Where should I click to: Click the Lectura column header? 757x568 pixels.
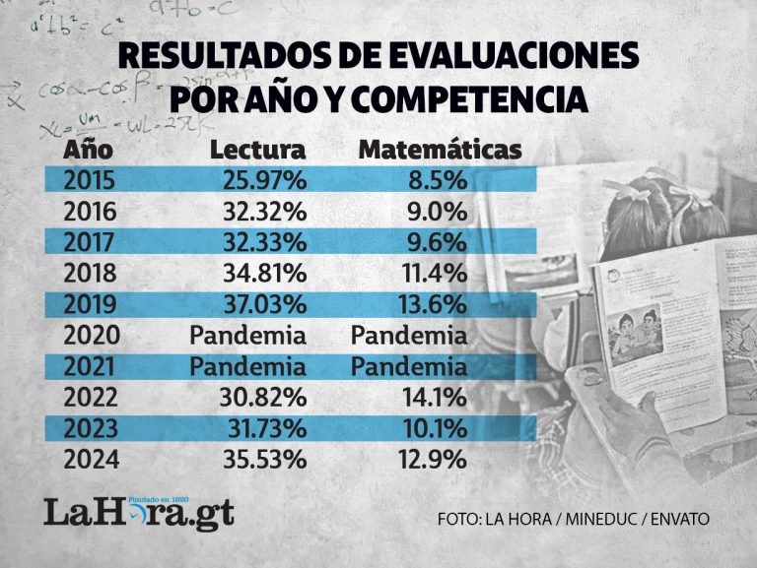pyautogui.click(x=257, y=151)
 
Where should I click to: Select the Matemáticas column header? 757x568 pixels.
pyautogui.click(x=439, y=151)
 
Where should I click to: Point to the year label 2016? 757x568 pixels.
pyautogui.click(x=90, y=212)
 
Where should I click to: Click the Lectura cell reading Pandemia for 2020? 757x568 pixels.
pyautogui.click(x=248, y=336)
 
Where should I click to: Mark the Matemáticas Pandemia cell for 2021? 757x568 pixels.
pyautogui.click(x=409, y=366)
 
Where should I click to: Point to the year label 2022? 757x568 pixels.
pyautogui.click(x=90, y=398)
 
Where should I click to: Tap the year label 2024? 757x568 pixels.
pyautogui.click(x=90, y=460)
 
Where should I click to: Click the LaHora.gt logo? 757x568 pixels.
pyautogui.click(x=138, y=512)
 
